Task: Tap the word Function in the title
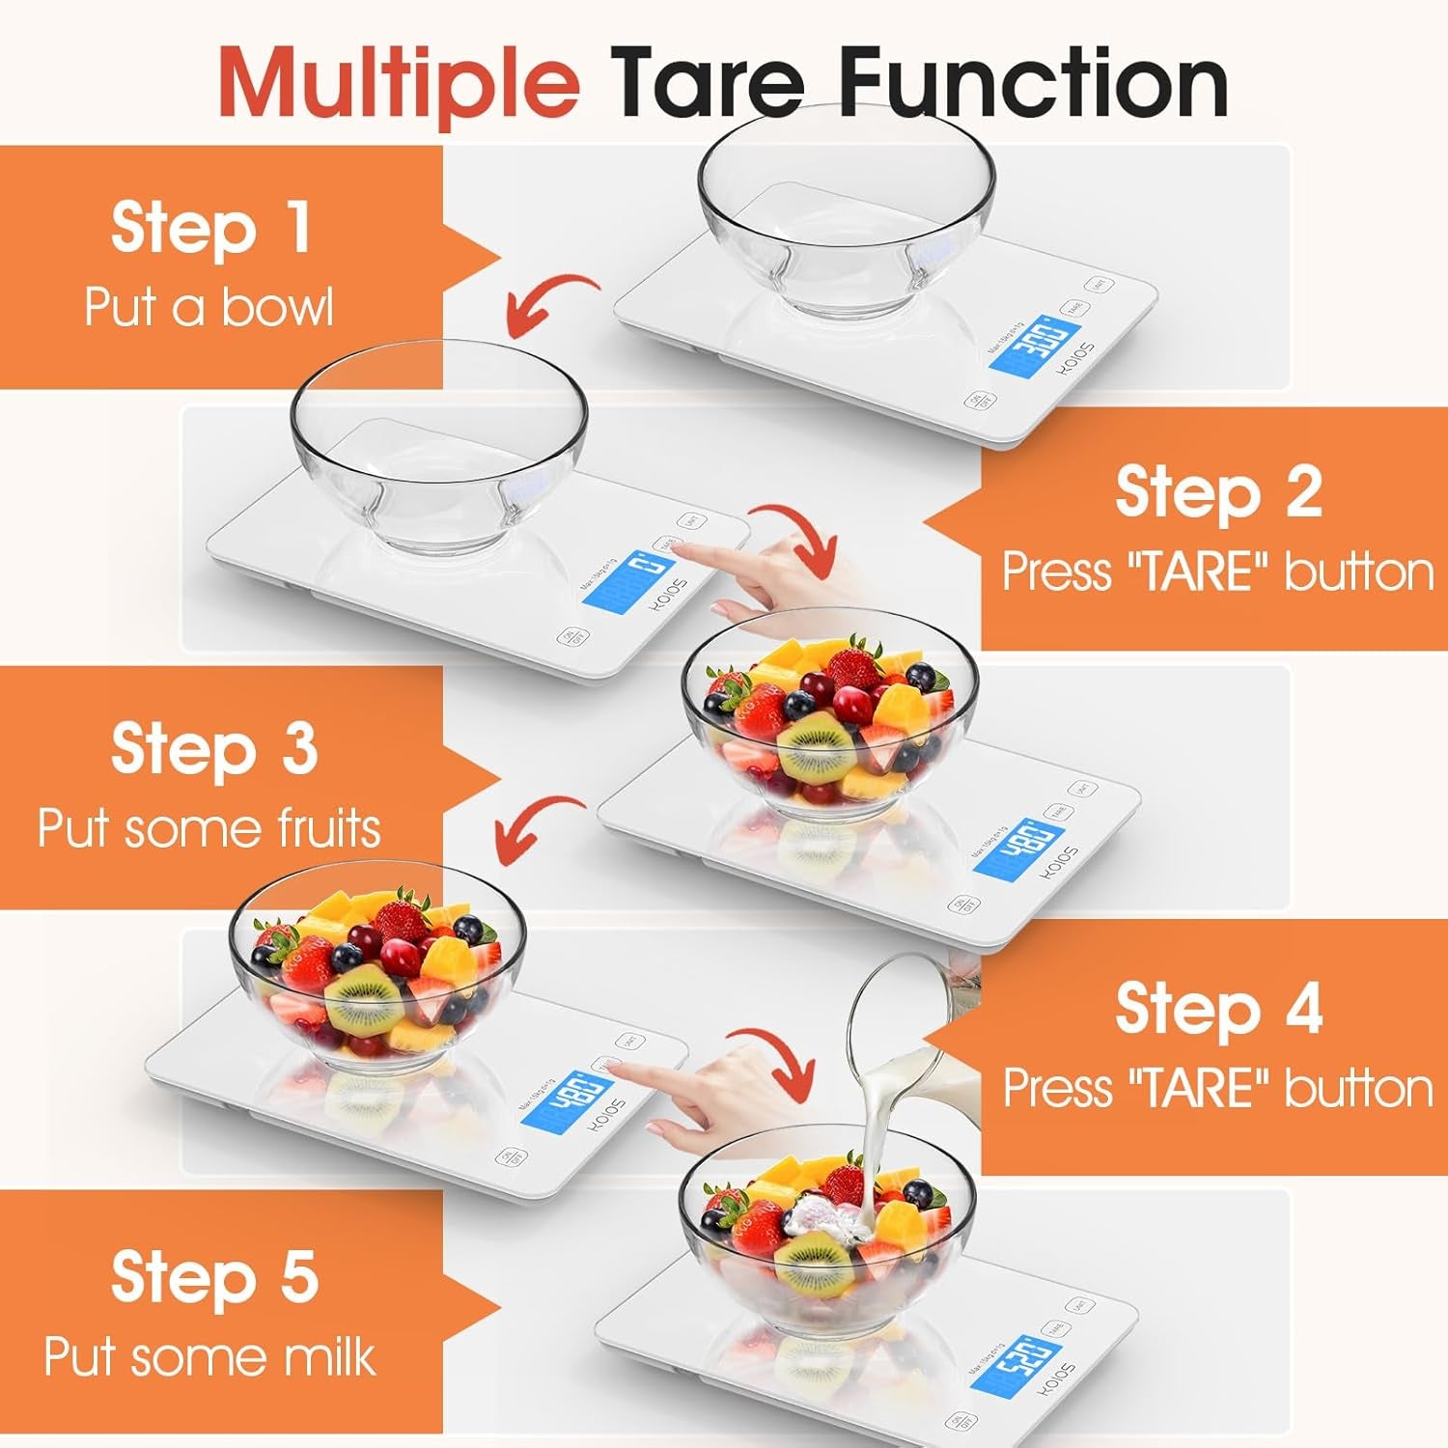(x=1033, y=82)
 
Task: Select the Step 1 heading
(x=210, y=228)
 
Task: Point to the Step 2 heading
(x=1218, y=492)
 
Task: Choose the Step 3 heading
(x=213, y=749)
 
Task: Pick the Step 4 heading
(x=1218, y=1009)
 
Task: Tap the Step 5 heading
(x=213, y=1276)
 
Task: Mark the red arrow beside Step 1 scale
(x=550, y=301)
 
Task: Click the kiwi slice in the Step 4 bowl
(x=362, y=1000)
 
